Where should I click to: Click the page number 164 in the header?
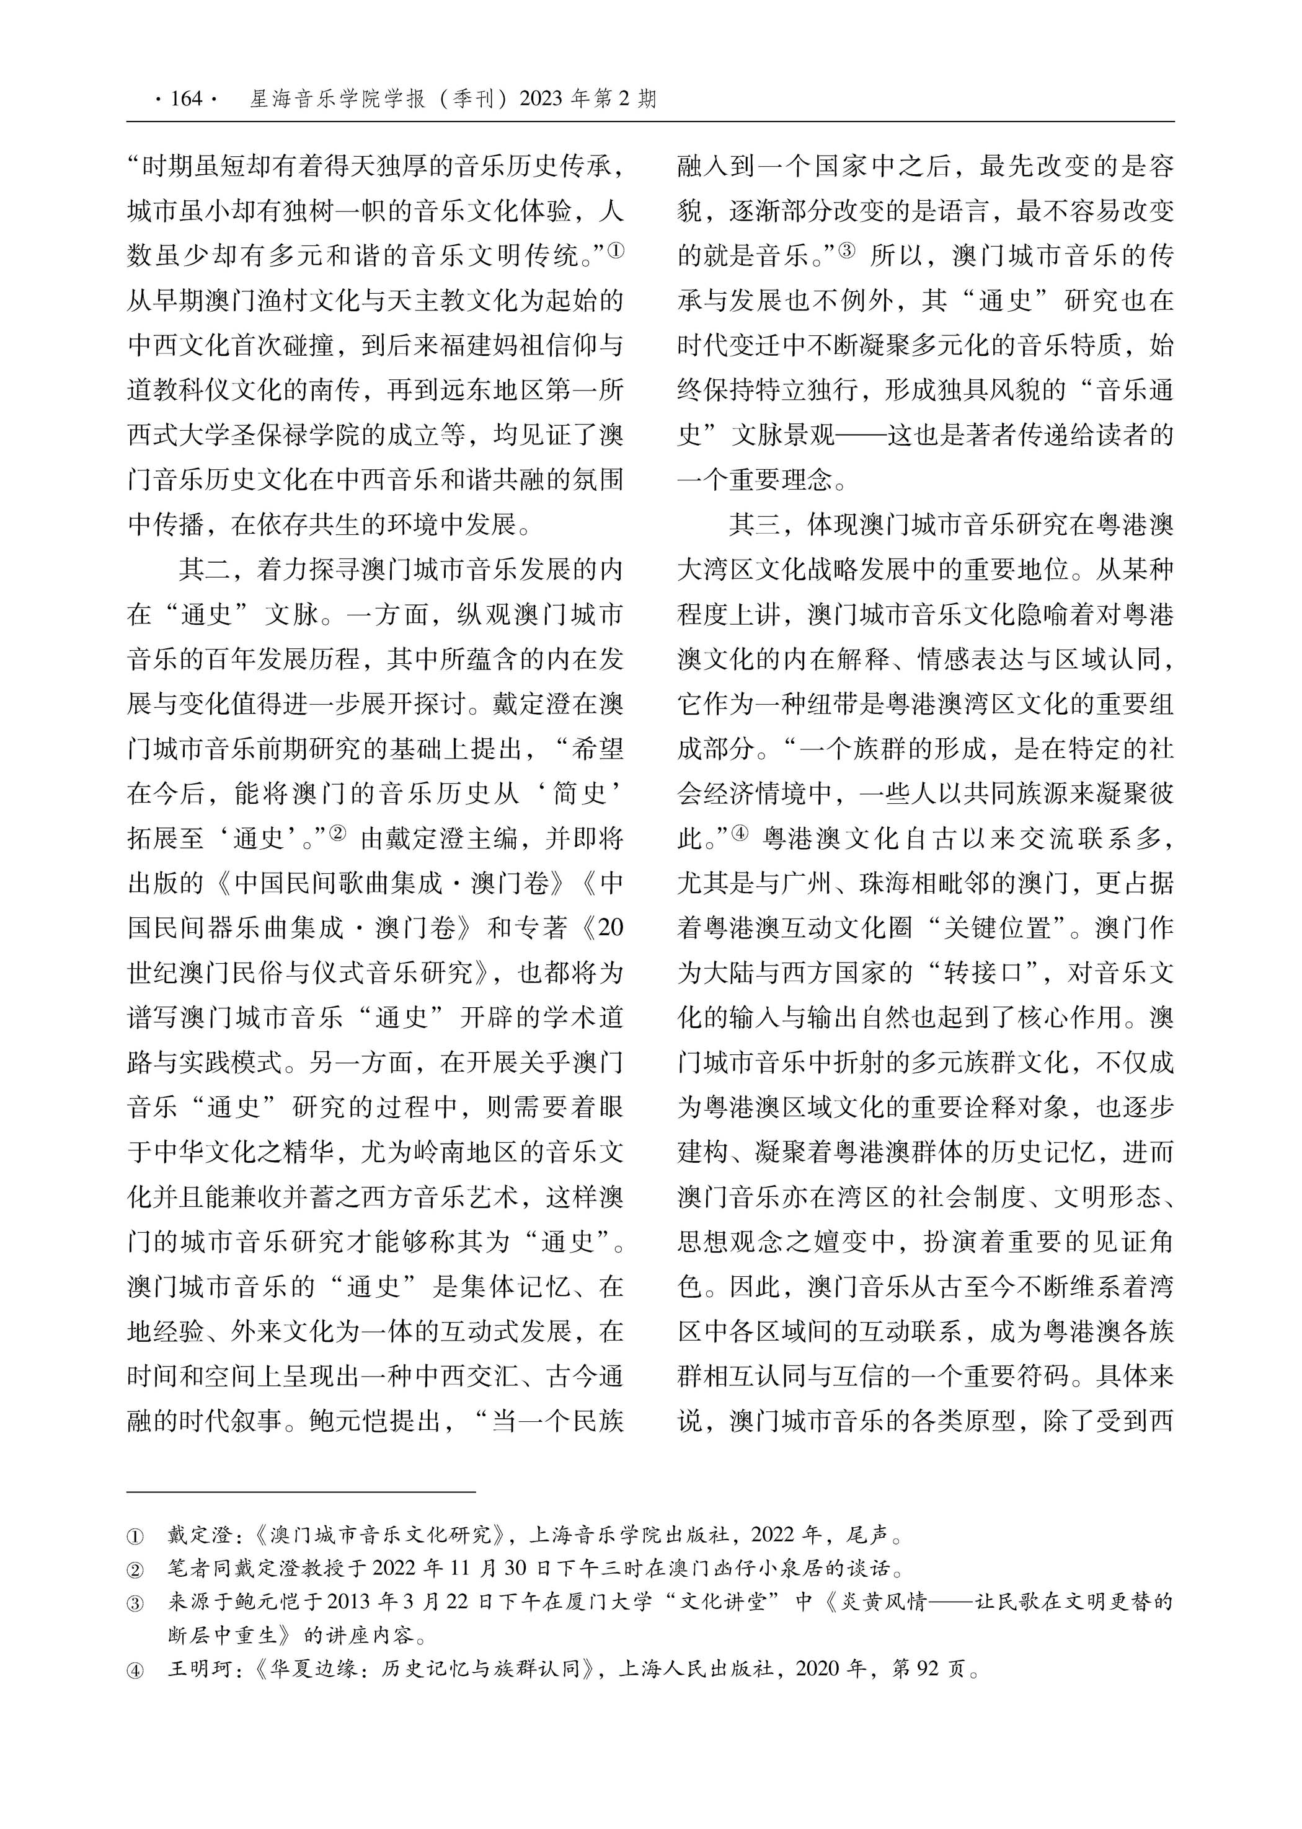pyautogui.click(x=186, y=99)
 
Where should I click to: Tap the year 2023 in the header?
pyautogui.click(x=541, y=99)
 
